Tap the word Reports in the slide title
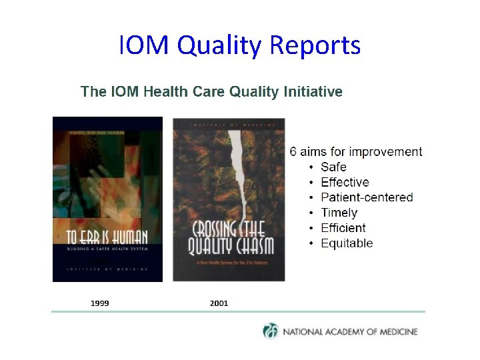point(315,46)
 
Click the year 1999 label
point(100,303)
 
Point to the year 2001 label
point(219,303)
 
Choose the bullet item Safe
point(333,167)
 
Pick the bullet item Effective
point(345,183)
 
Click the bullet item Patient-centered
point(367,198)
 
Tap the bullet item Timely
point(339,213)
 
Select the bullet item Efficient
point(343,229)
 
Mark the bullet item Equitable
point(347,244)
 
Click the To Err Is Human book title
point(107,236)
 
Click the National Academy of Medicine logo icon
point(271,331)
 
